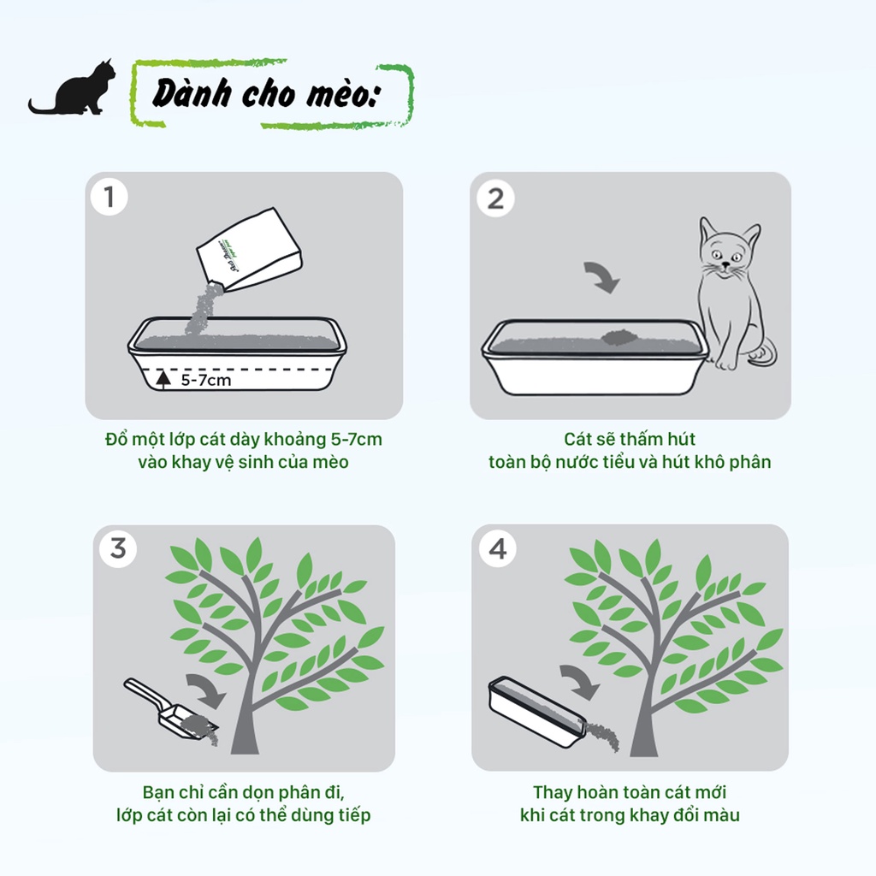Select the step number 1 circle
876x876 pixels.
point(109,198)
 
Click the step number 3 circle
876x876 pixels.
point(117,547)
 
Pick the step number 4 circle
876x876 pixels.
point(498,547)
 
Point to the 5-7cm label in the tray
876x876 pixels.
point(205,380)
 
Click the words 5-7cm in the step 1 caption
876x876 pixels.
point(355,440)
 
